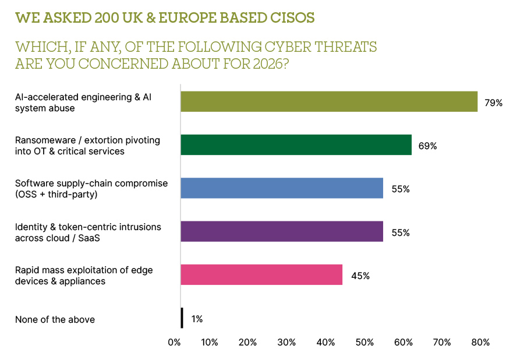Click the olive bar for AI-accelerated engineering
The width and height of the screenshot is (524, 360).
click(x=329, y=101)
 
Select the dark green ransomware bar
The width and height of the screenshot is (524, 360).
click(x=296, y=144)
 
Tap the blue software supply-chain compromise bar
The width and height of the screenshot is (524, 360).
click(x=282, y=188)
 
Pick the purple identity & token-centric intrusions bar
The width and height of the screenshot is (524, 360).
click(x=282, y=231)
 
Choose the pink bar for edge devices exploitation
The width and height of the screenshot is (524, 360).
click(x=261, y=274)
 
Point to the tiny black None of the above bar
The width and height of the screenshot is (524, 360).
click(x=182, y=318)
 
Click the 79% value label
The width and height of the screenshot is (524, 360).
click(x=493, y=103)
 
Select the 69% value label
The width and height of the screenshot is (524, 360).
click(x=427, y=146)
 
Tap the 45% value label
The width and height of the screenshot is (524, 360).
click(x=360, y=276)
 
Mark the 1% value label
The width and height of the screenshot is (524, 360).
click(x=197, y=319)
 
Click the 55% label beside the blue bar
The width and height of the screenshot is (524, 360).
click(x=401, y=189)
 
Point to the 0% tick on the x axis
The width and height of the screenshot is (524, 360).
click(x=174, y=343)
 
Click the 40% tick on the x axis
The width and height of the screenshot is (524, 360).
click(x=326, y=343)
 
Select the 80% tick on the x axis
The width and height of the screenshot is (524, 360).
click(x=480, y=343)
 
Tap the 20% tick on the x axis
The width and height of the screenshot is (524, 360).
click(x=249, y=343)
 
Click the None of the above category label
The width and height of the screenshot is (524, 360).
click(x=55, y=319)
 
